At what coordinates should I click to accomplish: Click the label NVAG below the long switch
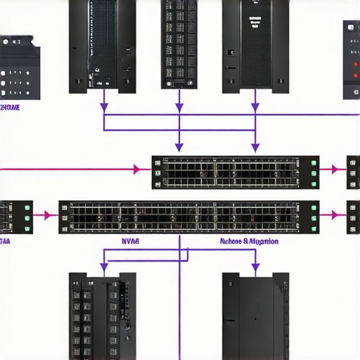pos(130,241)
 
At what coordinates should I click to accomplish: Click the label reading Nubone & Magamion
pos(249,241)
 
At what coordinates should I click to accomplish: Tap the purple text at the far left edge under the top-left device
pos(9,108)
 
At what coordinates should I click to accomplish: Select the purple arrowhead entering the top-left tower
pos(104,107)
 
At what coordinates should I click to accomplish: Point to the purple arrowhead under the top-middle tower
pos(179,107)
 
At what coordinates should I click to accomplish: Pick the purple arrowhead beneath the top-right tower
pos(255,107)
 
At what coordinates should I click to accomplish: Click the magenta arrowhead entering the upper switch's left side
pos(137,169)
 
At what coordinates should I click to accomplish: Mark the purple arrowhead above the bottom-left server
pos(104,267)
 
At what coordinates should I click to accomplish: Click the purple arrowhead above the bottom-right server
pos(255,267)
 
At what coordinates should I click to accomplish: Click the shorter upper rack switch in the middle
pos(236,172)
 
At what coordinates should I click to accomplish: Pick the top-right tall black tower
pos(255,46)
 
